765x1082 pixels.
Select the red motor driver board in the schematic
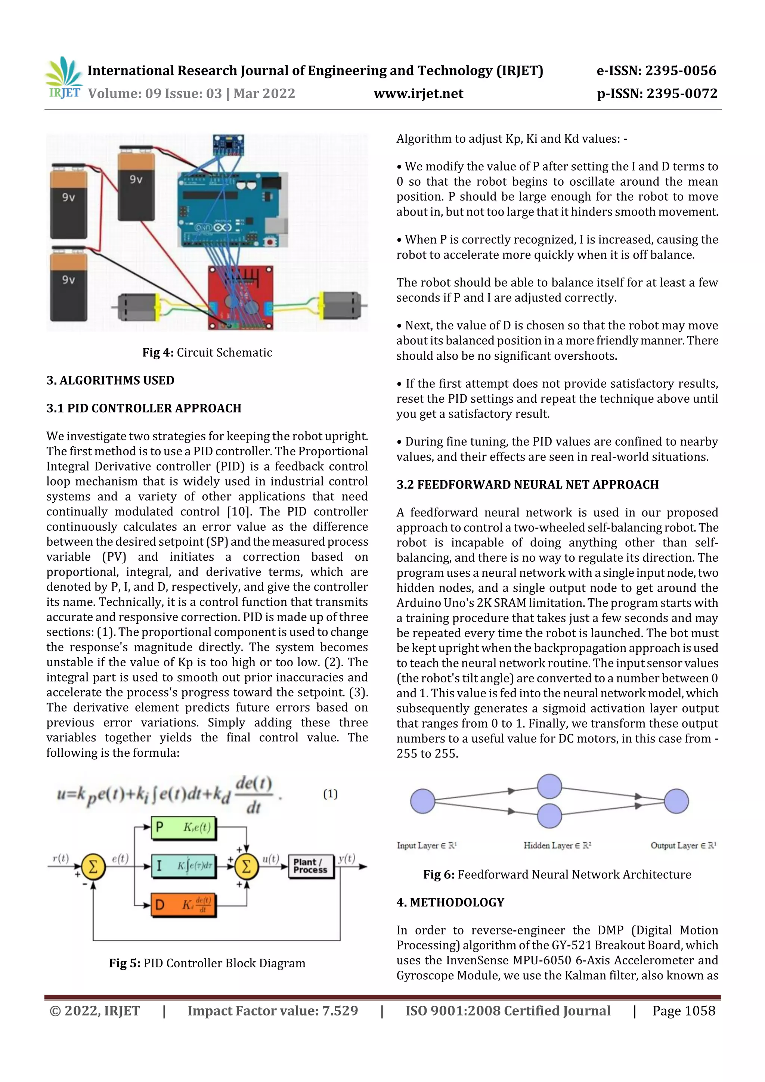coord(241,297)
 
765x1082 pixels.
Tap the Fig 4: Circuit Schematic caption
coord(207,353)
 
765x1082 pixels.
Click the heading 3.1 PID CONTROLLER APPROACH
coord(144,408)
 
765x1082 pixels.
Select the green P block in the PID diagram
coord(184,828)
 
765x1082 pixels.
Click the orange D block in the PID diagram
coord(184,905)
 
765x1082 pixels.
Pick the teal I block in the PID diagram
coord(184,866)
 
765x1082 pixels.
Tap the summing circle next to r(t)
coord(93,866)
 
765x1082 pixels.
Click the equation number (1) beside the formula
coord(330,794)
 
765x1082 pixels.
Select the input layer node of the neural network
coord(422,801)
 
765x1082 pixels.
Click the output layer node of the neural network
coord(676,801)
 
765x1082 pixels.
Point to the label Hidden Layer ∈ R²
coord(557,846)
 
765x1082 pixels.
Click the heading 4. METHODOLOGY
coord(450,902)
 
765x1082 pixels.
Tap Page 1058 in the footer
coord(684,1011)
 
